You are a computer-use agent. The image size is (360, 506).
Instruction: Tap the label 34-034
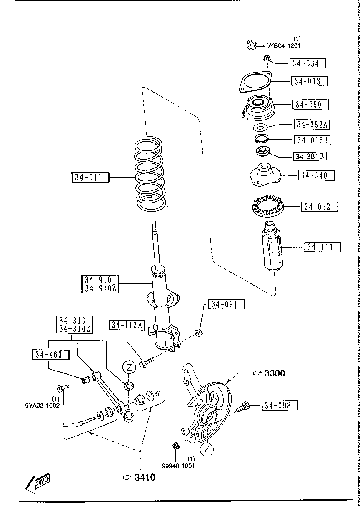pyautogui.click(x=307, y=63)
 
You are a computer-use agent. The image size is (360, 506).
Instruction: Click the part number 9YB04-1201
pyautogui.click(x=283, y=46)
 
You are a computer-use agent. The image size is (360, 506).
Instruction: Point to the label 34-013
pyautogui.click(x=309, y=81)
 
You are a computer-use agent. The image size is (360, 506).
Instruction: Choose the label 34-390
pyautogui.click(x=310, y=104)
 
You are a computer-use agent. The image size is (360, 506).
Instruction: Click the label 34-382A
pyautogui.click(x=312, y=124)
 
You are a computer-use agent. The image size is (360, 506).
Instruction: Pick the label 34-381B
pyautogui.click(x=310, y=156)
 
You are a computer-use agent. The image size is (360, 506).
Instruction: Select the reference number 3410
pyautogui.click(x=144, y=477)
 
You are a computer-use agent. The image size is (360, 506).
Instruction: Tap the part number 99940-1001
pyautogui.click(x=178, y=466)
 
